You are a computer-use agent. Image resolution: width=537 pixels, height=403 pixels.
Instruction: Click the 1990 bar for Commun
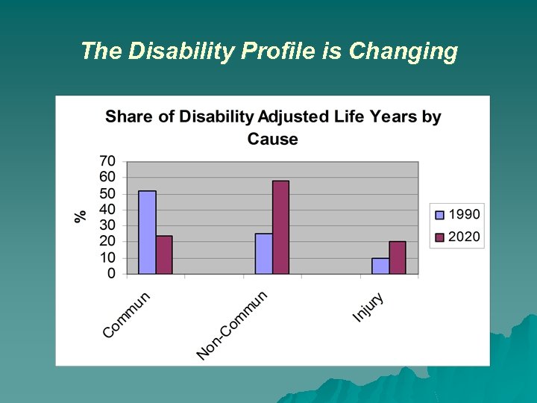(147, 232)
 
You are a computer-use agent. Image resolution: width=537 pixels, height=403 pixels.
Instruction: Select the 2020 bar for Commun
(164, 254)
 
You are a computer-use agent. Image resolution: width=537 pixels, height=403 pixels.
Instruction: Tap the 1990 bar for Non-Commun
(263, 254)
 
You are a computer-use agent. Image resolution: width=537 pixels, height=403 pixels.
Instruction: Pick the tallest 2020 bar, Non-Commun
(280, 227)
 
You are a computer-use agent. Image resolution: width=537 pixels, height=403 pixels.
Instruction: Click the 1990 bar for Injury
(380, 266)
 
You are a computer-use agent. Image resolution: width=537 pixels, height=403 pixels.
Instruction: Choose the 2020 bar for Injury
(398, 257)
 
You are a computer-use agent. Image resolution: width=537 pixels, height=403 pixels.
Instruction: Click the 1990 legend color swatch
(439, 215)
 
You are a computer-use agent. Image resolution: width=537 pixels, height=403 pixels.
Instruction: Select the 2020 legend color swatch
(439, 237)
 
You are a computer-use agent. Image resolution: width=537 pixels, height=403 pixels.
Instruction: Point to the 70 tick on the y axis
(107, 160)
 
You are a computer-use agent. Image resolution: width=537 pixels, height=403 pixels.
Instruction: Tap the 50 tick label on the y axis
(107, 193)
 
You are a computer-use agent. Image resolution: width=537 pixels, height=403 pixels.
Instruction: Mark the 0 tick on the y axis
(111, 274)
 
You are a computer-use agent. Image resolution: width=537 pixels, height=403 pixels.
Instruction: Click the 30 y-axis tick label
(107, 225)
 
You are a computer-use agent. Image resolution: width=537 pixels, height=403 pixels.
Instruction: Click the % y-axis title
(81, 216)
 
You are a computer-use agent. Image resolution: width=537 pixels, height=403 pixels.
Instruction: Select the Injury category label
(368, 307)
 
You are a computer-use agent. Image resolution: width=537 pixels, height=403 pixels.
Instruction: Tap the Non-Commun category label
(232, 325)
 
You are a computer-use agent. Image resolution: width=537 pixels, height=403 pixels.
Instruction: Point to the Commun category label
(127, 314)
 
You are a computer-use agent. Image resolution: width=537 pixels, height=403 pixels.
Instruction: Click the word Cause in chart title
(272, 139)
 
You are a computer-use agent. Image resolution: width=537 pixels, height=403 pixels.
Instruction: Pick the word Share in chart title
(128, 116)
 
